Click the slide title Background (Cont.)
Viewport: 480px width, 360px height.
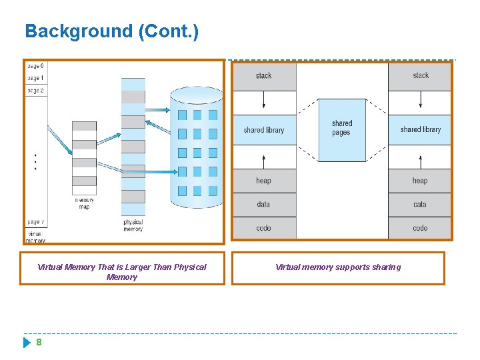(x=111, y=31)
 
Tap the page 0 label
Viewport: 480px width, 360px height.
(x=35, y=66)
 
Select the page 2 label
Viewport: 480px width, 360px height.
(x=35, y=90)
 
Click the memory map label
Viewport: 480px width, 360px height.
(x=84, y=203)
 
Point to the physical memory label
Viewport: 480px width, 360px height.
(x=133, y=225)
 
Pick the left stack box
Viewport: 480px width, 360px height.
(x=264, y=76)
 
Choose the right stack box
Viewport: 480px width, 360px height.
(x=420, y=76)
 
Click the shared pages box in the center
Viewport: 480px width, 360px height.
(x=342, y=129)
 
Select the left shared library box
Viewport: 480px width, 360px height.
(x=264, y=130)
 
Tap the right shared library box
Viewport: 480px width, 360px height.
(x=420, y=130)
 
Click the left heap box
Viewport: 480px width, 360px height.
(x=264, y=181)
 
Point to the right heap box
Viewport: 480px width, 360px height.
(x=420, y=181)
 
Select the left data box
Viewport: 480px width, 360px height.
(x=264, y=204)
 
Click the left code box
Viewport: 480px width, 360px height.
(x=264, y=228)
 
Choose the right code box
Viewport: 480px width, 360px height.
(x=420, y=228)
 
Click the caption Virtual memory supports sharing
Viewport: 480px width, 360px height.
(x=338, y=267)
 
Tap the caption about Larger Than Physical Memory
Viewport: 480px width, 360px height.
(x=122, y=272)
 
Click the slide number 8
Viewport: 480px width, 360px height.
(x=39, y=342)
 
